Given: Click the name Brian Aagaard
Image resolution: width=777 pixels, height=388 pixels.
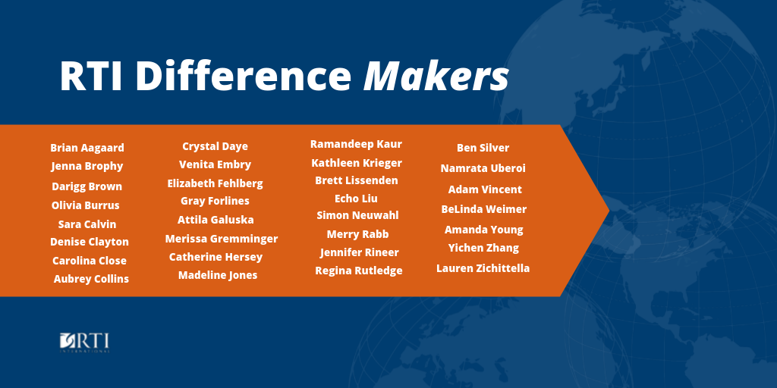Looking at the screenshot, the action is pos(87,148).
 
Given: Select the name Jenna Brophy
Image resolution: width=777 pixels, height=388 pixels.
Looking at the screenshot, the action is pos(87,166).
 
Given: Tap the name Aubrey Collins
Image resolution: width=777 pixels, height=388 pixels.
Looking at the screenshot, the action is pos(91,279).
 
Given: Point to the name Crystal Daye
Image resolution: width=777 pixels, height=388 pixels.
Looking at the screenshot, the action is pos(215,147).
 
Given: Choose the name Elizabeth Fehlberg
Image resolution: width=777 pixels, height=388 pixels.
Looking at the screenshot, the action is pos(215,183).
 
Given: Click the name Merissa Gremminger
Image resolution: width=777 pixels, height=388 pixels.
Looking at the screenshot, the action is pos(222,239).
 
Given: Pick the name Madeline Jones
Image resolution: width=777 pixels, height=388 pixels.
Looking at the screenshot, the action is pos(218,275).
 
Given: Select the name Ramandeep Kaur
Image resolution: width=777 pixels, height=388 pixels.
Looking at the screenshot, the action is pos(357,144).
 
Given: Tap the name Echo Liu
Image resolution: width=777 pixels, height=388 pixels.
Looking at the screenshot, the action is pos(357,199).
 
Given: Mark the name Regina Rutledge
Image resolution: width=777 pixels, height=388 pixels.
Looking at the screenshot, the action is pos(359,271).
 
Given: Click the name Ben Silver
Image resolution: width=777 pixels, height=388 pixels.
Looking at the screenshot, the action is pos(483,148).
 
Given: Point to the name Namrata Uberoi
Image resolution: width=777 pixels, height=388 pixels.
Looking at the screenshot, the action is pos(483,168).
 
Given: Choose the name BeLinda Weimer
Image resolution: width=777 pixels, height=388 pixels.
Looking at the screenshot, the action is pos(484,209).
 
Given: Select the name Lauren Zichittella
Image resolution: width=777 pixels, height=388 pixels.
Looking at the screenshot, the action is pos(483,268).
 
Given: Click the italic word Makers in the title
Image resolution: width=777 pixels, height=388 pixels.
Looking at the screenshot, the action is pos(436,76).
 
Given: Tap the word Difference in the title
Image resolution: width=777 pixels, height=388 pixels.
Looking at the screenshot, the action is pos(244,76).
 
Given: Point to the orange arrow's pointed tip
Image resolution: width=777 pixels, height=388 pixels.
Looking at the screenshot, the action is pos(609,210).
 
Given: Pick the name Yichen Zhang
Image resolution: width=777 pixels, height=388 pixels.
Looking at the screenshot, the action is pos(483,248).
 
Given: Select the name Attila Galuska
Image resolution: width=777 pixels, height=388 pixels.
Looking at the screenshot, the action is pos(215,220).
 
